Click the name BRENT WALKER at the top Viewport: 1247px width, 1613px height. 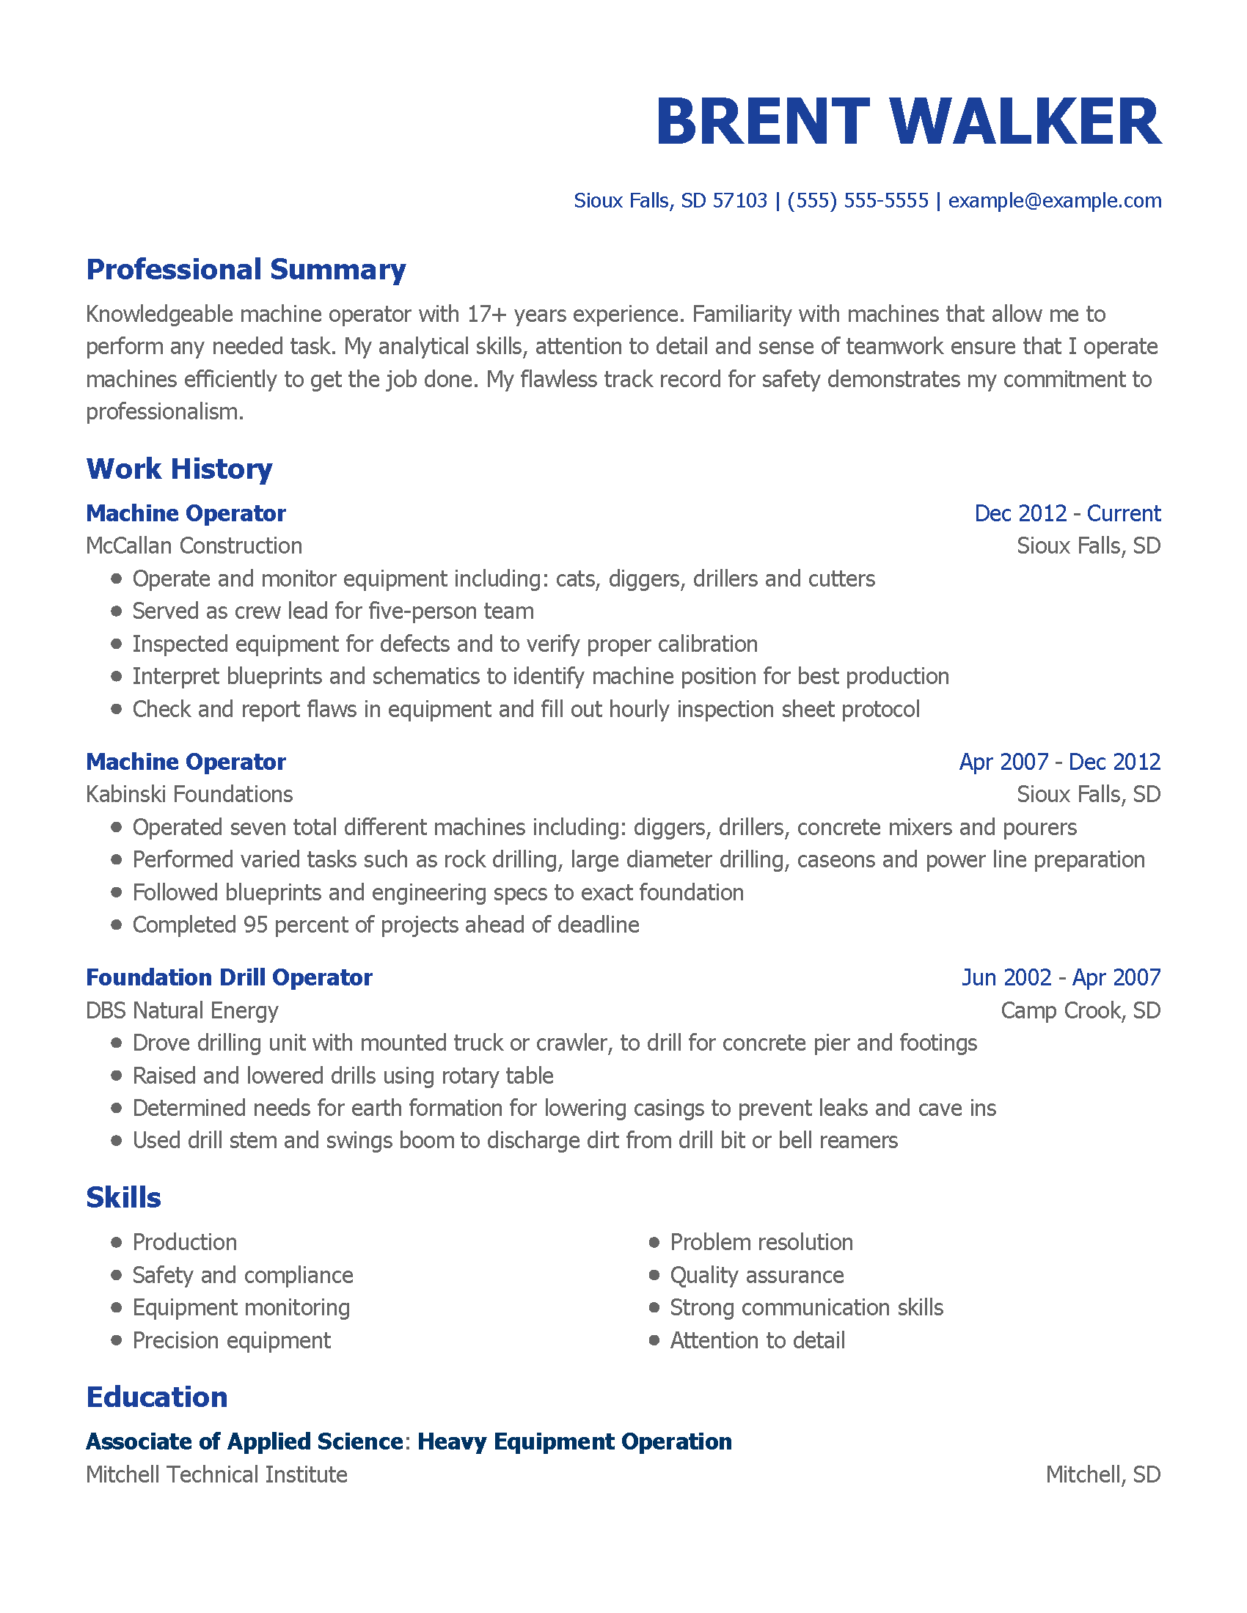point(908,122)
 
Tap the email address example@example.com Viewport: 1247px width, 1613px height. point(1054,201)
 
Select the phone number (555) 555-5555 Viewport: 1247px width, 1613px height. point(857,201)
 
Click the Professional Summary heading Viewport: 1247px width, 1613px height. point(246,271)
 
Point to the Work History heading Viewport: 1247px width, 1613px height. point(180,470)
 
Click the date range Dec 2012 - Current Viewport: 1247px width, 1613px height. point(1067,513)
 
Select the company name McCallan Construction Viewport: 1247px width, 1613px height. point(194,545)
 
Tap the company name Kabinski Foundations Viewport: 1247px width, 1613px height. point(189,795)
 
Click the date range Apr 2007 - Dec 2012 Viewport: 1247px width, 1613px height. point(1059,763)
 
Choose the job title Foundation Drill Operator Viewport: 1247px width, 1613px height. point(229,978)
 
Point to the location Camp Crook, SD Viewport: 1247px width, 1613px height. point(1080,1010)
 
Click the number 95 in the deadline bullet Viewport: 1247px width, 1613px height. point(255,925)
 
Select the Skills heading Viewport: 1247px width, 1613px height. point(123,1198)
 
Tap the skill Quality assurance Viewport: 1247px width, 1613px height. point(756,1276)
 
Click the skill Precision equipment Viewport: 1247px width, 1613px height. point(231,1340)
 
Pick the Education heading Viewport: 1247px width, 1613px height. point(157,1397)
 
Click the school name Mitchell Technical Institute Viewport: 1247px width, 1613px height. point(216,1475)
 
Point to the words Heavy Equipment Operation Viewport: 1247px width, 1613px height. point(574,1441)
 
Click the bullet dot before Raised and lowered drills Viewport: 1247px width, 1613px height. point(116,1076)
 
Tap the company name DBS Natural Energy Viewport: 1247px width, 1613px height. point(182,1010)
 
